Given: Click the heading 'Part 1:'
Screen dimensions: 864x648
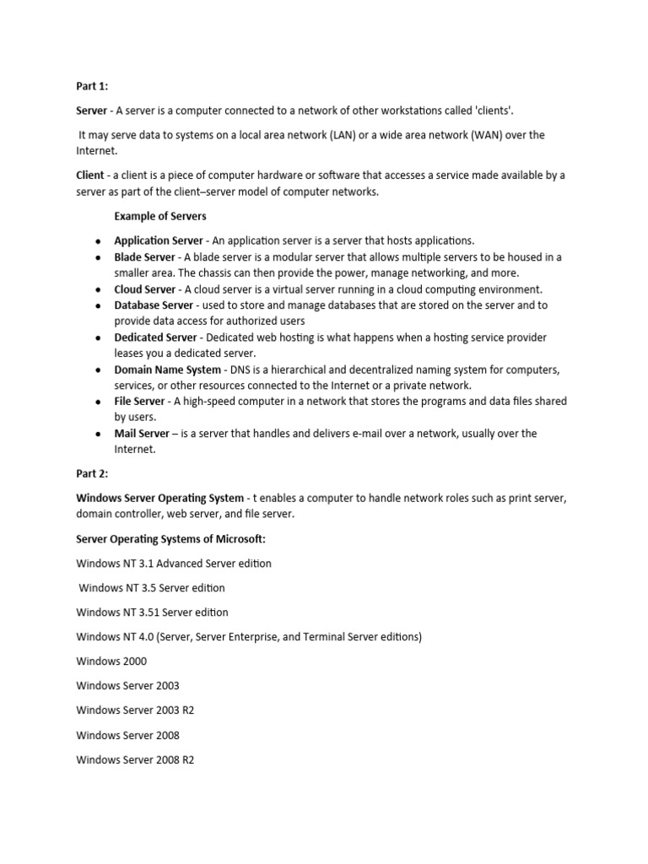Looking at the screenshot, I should (x=93, y=86).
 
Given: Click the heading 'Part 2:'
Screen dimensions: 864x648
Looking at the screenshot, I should (x=93, y=474).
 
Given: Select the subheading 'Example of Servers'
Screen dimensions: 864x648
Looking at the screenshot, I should (x=160, y=216).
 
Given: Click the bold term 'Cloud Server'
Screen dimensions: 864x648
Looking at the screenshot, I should (x=145, y=289).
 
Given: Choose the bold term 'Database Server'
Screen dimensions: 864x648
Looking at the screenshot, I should (x=154, y=305).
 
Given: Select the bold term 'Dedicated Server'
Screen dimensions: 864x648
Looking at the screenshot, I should (x=155, y=337).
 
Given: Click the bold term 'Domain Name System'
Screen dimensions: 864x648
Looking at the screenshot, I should (x=167, y=370).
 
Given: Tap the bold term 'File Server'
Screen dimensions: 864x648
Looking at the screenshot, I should (x=140, y=402).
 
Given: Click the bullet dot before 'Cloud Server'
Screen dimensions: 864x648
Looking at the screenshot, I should (x=99, y=289).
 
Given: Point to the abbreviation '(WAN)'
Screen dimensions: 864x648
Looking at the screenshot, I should (x=488, y=135).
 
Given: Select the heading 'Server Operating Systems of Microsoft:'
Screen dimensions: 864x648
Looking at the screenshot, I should (x=170, y=539).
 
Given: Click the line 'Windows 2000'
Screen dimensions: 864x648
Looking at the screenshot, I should (x=111, y=661).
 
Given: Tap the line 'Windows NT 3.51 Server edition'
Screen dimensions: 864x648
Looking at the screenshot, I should (x=152, y=613).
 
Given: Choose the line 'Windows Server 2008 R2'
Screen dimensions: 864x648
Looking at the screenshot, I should (x=135, y=759).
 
